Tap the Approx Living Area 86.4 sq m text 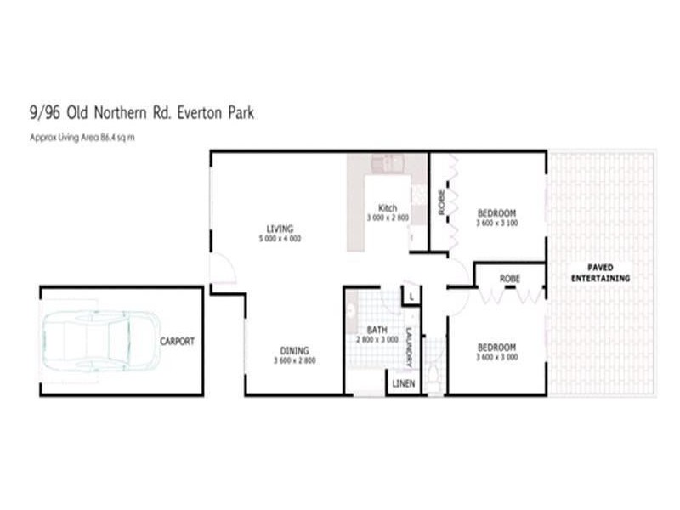(83, 136)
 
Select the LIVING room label (280, 229)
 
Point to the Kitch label (388, 208)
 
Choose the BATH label (377, 330)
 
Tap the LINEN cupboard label (405, 384)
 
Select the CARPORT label (177, 342)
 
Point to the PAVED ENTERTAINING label (600, 273)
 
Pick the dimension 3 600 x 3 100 (496, 224)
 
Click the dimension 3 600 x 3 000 (496, 357)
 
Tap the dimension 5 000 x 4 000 (280, 239)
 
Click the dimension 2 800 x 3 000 (377, 339)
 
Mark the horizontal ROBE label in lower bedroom (510, 278)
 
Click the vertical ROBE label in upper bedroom (441, 201)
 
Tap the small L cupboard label (411, 296)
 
